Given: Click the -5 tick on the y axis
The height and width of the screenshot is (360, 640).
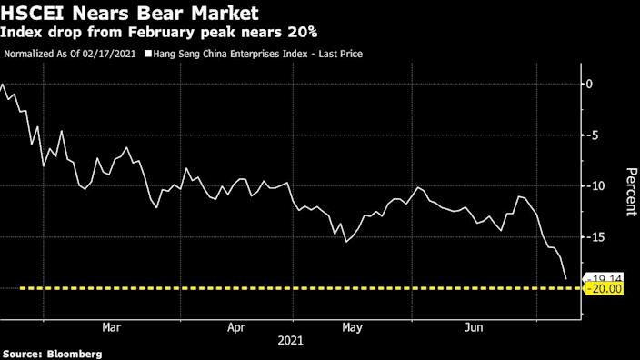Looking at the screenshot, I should tap(592, 135).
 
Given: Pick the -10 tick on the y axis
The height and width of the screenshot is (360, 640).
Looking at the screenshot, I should tap(595, 186).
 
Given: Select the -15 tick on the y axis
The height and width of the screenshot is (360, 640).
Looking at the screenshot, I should tap(595, 237).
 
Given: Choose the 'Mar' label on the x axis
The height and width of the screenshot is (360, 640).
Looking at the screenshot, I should tap(112, 327).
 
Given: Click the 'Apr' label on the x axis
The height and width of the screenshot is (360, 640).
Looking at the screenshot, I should tap(236, 327).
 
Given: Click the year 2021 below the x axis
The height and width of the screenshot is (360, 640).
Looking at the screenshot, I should tap(291, 342).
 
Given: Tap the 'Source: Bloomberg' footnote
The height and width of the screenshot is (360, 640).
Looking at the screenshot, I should tap(52, 353).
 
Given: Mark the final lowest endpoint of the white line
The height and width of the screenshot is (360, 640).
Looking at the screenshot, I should tap(565, 279).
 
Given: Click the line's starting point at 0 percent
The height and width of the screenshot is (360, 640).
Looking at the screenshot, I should tap(3, 85).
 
